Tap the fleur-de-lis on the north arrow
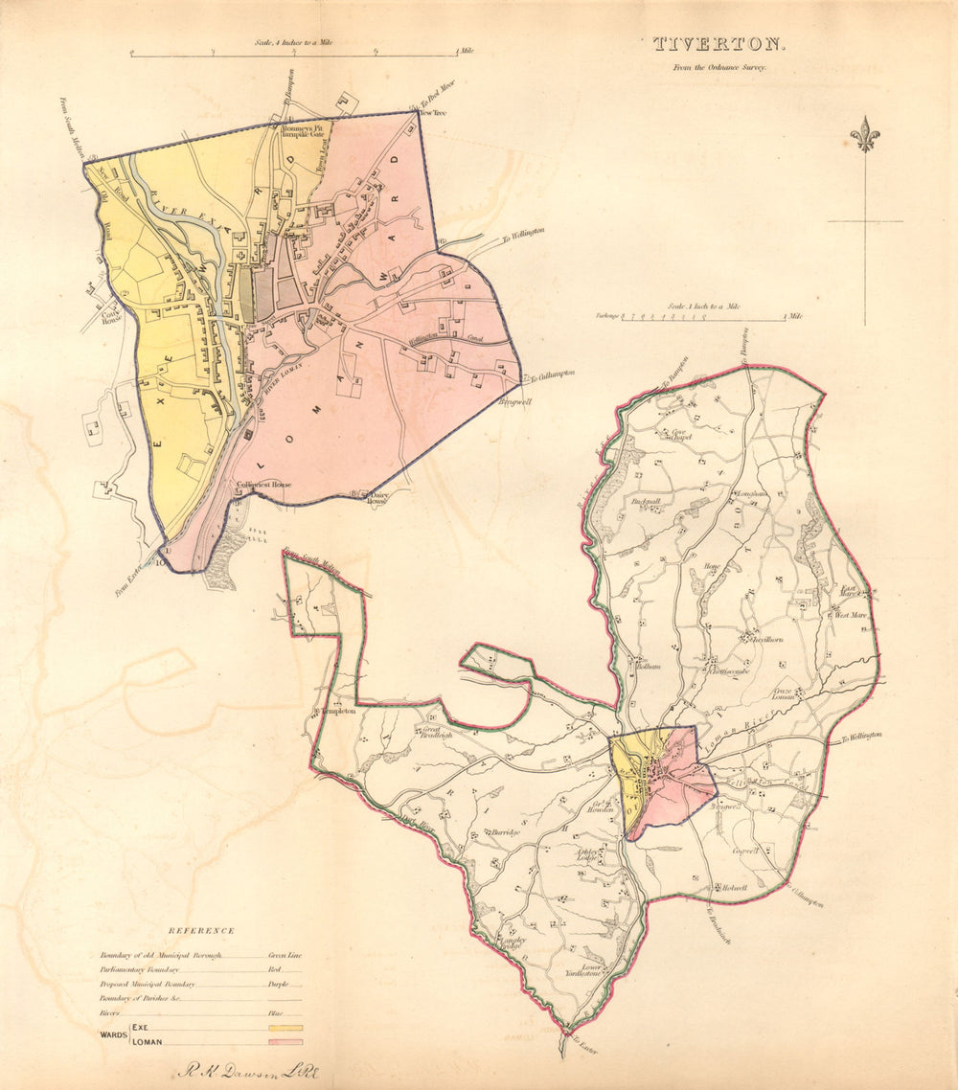pyautogui.click(x=865, y=135)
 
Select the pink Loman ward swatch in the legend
pyautogui.click(x=285, y=1041)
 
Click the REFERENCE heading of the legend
pyautogui.click(x=201, y=930)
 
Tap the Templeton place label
pyautogui.click(x=337, y=712)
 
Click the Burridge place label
pyautogui.click(x=505, y=833)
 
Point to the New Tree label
pyautogui.click(x=434, y=113)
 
